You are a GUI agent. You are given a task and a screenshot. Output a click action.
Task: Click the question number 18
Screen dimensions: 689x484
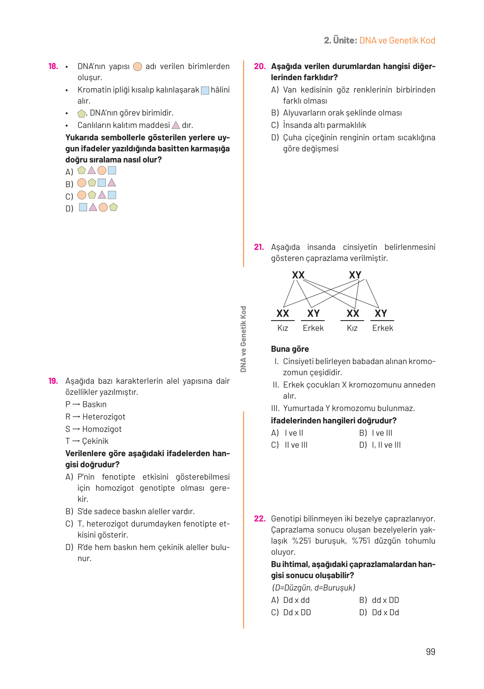[53, 67]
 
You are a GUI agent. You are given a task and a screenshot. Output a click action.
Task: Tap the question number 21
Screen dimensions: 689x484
[259, 247]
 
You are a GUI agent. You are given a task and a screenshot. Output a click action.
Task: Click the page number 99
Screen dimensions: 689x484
[430, 651]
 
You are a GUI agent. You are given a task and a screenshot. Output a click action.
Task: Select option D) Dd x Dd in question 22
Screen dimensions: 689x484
[379, 613]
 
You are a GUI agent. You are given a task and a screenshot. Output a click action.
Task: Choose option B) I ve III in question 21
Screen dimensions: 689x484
[376, 433]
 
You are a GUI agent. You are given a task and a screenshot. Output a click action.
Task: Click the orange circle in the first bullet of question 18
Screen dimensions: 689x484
[137, 67]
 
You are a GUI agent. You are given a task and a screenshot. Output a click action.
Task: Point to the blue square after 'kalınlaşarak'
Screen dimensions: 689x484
[205, 90]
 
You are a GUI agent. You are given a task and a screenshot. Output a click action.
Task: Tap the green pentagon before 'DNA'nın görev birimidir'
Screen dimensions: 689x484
[82, 113]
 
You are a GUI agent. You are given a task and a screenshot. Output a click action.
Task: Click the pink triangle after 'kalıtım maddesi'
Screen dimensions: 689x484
[176, 125]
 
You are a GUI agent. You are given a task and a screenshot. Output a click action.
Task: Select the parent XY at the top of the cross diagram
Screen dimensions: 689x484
[355, 275]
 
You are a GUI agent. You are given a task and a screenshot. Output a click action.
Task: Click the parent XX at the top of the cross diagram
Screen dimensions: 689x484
[298, 275]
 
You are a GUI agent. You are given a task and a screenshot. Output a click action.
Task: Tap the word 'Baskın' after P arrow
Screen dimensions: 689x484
[94, 405]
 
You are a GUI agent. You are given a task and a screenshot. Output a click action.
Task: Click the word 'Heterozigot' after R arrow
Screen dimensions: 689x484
[104, 417]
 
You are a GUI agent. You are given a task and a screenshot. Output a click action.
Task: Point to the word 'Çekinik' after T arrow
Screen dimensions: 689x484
[95, 441]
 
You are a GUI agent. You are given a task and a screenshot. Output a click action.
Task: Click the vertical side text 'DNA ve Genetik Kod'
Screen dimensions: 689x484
[243, 339]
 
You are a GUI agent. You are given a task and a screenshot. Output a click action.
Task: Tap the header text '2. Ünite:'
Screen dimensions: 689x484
[340, 41]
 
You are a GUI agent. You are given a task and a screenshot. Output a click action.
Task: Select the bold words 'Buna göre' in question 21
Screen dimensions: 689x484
[290, 349]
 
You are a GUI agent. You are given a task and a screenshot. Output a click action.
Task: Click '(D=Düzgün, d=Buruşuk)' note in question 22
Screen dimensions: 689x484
[313, 588]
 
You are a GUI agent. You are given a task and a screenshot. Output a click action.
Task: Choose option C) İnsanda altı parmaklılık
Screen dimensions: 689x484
[318, 125]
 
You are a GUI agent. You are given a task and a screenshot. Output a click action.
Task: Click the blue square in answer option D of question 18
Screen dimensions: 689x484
[83, 207]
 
